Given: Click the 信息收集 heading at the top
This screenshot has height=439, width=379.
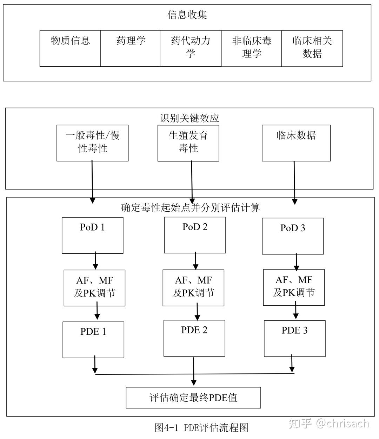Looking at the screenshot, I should click(x=187, y=14).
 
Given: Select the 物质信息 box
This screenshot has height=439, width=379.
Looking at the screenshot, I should click(x=70, y=48).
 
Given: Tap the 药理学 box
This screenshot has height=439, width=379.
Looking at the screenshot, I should click(x=130, y=48).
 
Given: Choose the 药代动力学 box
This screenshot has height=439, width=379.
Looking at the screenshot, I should click(x=191, y=48).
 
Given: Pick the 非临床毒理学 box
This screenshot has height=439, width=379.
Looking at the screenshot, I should click(x=251, y=48).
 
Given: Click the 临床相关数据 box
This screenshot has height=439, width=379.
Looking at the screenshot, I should click(x=312, y=48).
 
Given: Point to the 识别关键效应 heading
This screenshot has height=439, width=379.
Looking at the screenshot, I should click(x=189, y=118).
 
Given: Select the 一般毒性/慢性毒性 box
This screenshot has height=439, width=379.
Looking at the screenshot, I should click(x=93, y=143).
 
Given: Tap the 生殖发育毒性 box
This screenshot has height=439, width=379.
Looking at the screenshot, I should click(x=188, y=143).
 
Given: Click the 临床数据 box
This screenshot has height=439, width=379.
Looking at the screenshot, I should click(x=296, y=143).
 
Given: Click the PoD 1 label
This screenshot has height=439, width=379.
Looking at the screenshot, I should click(x=92, y=227).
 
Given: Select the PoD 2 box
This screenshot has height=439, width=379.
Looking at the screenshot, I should click(x=195, y=235).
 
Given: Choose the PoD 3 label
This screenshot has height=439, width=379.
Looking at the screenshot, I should click(x=293, y=228).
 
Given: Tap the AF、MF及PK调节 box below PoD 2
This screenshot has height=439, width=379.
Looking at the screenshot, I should click(x=193, y=288).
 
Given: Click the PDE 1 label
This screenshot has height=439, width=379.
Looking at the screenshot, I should click(x=93, y=331).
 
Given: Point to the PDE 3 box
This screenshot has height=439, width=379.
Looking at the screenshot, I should click(x=294, y=339).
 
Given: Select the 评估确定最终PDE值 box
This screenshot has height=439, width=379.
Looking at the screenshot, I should click(x=193, y=398).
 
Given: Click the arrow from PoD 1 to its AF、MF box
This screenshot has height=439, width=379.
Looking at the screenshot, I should click(x=95, y=261).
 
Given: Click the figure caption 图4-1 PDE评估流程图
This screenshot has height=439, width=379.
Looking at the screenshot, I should click(x=201, y=427).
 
